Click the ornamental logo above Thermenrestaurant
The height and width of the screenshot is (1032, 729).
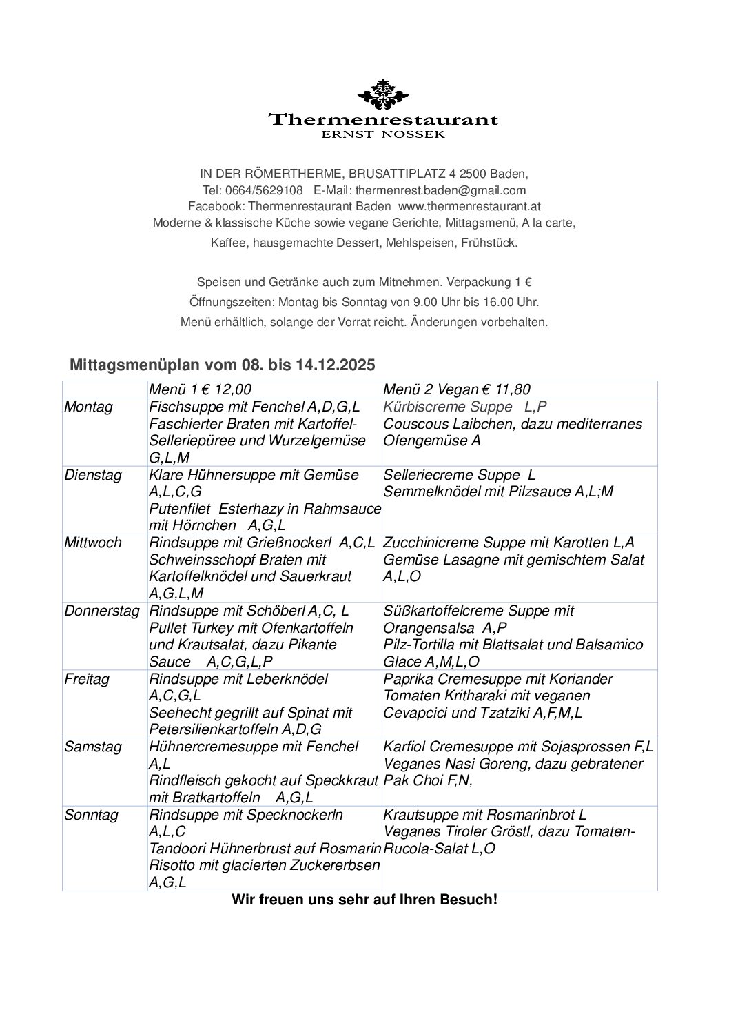(x=381, y=95)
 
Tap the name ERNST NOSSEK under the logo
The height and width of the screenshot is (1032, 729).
(x=383, y=135)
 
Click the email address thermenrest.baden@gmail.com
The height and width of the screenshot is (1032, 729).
(x=440, y=190)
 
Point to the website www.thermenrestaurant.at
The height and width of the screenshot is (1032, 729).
(x=469, y=206)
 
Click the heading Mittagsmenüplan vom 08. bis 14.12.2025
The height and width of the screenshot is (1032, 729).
(x=223, y=365)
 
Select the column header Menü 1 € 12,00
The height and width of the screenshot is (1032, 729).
(x=201, y=389)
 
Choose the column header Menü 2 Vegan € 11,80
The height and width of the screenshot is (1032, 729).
(x=457, y=389)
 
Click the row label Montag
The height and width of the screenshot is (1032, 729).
(x=88, y=407)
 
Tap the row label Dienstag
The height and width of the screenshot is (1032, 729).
(x=92, y=475)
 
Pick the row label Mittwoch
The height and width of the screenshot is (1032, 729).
(x=92, y=543)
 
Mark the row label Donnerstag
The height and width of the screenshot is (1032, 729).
(x=101, y=611)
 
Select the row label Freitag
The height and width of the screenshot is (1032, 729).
(x=87, y=679)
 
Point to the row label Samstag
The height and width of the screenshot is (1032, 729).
(x=92, y=747)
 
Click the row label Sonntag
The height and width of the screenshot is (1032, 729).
(x=91, y=815)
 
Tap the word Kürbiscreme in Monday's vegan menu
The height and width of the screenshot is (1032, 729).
(x=422, y=407)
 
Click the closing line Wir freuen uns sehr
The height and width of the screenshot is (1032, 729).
(x=364, y=900)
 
